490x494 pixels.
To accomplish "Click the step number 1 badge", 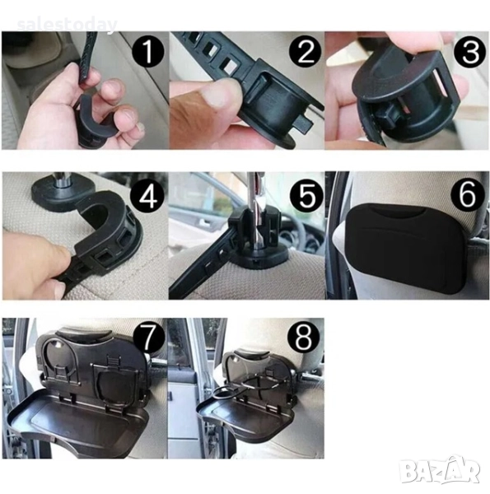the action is click(x=148, y=51).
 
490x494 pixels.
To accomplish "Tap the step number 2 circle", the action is click(x=305, y=51).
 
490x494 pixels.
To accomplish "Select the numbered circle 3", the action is click(x=470, y=52).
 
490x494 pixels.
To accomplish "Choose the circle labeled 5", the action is click(x=307, y=195).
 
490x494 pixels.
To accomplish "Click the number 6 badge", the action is click(x=468, y=194).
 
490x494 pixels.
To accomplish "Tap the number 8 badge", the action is click(x=304, y=338).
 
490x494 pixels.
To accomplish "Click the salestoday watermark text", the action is click(x=68, y=25).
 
